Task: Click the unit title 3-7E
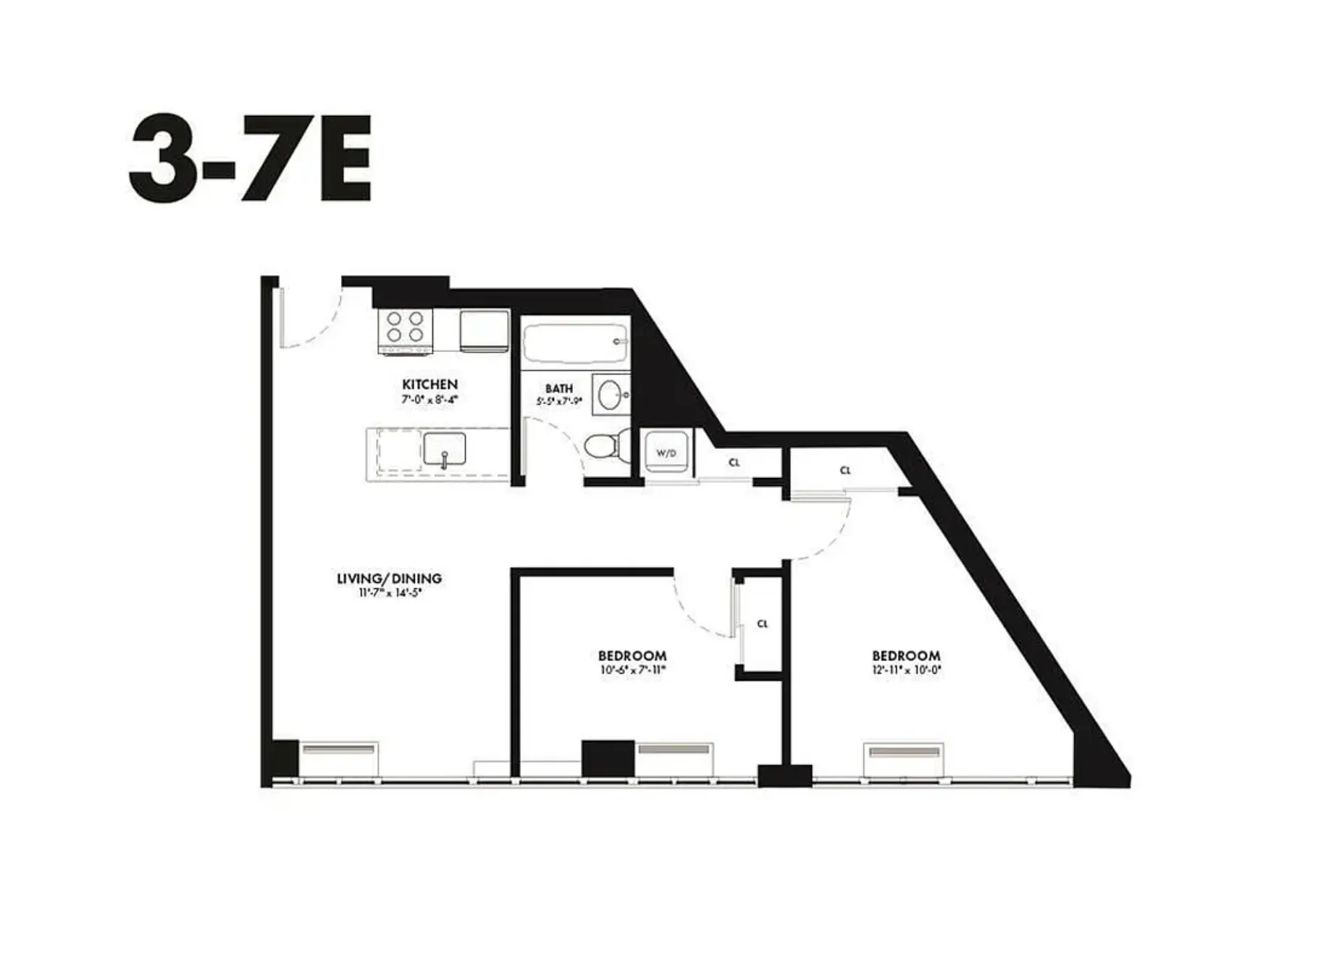click(x=250, y=157)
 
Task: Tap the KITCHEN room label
click(x=429, y=384)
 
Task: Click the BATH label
click(x=558, y=388)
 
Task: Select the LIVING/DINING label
click(x=389, y=578)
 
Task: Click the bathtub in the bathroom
click(x=574, y=345)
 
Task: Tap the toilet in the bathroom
click(x=601, y=445)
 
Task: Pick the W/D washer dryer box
click(x=666, y=453)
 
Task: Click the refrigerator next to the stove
click(x=484, y=331)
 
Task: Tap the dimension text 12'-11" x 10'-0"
click(x=906, y=671)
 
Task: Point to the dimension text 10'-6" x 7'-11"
click(x=632, y=671)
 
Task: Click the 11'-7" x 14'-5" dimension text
click(x=389, y=592)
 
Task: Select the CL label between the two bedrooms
click(x=762, y=624)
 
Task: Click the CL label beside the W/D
click(x=734, y=462)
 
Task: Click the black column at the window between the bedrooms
click(x=784, y=775)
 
